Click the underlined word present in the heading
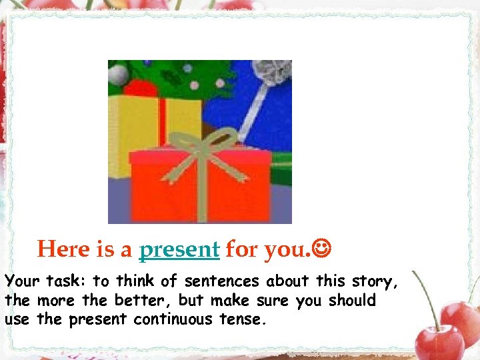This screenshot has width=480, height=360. click(x=179, y=249)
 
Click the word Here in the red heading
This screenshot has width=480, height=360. click(x=63, y=249)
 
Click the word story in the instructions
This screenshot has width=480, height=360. click(x=374, y=282)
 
